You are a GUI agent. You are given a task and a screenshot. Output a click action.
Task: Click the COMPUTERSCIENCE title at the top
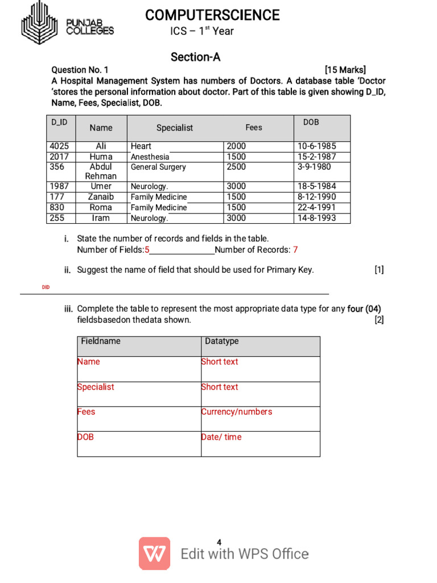point(212,15)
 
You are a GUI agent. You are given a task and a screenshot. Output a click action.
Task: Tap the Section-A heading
point(195,57)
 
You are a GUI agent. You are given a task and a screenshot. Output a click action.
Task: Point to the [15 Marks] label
point(345,70)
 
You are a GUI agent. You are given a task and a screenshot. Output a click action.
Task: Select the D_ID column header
point(59,122)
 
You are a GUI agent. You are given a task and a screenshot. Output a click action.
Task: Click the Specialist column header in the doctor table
point(175,128)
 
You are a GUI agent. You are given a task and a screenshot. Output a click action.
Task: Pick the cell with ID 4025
point(59,146)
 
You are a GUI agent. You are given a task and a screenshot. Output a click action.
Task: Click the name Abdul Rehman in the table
point(101,171)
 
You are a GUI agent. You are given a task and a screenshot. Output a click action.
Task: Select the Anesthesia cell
point(150,157)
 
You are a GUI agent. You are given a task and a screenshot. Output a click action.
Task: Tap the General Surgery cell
point(158,167)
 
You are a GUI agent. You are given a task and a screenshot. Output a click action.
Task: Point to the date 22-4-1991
point(316,208)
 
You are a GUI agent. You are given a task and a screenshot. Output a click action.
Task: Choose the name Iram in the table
point(101,218)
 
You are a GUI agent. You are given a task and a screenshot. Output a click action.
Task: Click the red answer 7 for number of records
point(295,250)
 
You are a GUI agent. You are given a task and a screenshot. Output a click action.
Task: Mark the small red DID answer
point(46,288)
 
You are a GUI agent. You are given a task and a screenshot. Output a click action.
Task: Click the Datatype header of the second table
point(222,341)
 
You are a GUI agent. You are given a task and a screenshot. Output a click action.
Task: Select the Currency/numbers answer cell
point(237,412)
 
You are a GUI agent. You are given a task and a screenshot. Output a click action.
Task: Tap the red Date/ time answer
point(221,437)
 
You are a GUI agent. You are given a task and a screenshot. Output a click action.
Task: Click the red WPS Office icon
point(154,553)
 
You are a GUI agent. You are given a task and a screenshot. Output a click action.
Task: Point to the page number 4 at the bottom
point(219,542)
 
